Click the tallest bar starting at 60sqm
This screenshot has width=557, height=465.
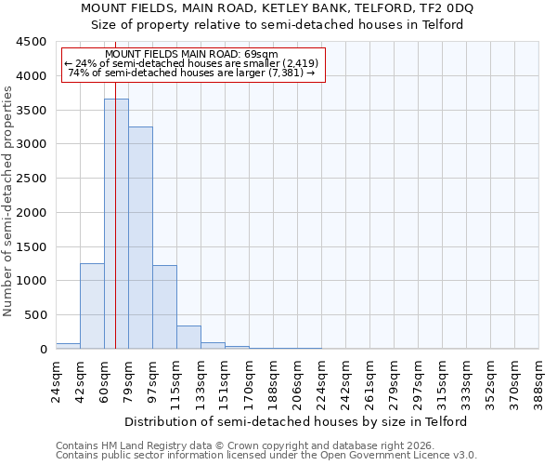point(116,223)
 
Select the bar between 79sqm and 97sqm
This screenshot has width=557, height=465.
point(140,237)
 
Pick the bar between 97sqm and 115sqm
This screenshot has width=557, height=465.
point(164,307)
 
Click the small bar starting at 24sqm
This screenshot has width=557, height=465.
point(68,346)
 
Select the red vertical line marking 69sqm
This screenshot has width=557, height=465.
point(115,186)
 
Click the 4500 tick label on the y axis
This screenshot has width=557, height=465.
point(31,42)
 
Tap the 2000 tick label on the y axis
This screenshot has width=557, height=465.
point(31,213)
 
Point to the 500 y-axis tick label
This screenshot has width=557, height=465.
point(34,315)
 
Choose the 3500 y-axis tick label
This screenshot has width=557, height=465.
point(31,110)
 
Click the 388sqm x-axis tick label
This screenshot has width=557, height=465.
point(538,382)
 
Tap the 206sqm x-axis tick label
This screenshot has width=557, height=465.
point(297,382)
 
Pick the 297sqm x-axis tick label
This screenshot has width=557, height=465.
point(418,382)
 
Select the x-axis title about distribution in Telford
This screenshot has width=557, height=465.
point(296,421)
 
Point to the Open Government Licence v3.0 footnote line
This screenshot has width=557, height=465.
point(266,455)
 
